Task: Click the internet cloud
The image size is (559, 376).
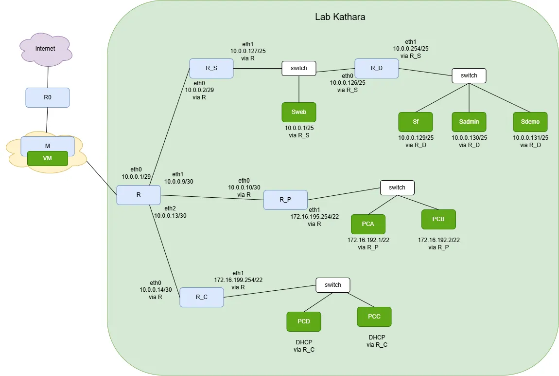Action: tap(46, 49)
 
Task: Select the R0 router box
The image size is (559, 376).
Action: tap(47, 97)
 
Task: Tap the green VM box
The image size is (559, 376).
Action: tap(47, 158)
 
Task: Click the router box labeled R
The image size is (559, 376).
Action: tap(138, 195)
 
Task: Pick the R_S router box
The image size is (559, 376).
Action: tap(211, 68)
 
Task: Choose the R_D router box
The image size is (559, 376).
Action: tap(376, 68)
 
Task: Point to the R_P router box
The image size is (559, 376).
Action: tap(285, 200)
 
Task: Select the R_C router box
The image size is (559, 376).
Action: tap(201, 297)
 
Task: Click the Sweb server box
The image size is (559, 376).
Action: tap(298, 112)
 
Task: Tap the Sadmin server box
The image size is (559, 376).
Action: tap(469, 122)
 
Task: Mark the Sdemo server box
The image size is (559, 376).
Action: tap(530, 122)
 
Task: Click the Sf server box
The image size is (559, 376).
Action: tap(415, 122)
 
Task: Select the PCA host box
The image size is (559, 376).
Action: tap(368, 224)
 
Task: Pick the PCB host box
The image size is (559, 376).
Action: tap(438, 219)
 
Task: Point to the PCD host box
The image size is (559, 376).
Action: tap(304, 321)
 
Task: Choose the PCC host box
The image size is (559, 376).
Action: tap(374, 317)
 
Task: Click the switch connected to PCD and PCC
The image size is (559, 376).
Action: tap(332, 285)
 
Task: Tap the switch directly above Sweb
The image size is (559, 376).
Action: tap(298, 68)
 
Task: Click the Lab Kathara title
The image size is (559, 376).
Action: tap(340, 17)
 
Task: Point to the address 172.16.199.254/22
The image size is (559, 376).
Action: tap(238, 280)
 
